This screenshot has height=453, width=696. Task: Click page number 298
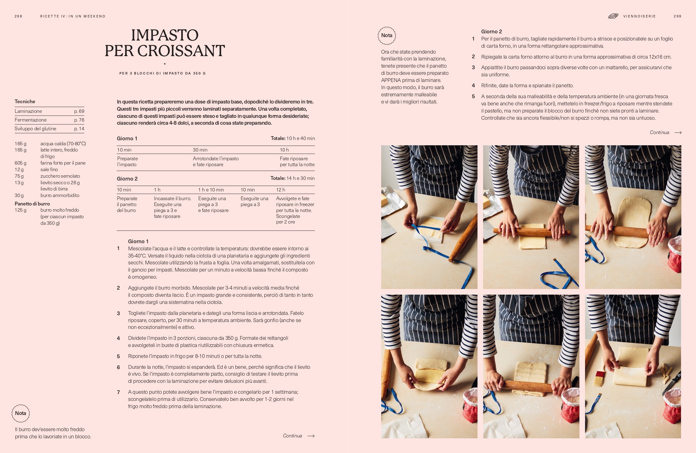pyautogui.click(x=18, y=16)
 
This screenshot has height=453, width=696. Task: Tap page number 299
pyautogui.click(x=677, y=16)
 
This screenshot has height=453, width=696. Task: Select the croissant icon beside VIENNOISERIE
pyautogui.click(x=613, y=16)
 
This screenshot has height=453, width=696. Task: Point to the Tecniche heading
pyautogui.click(x=25, y=101)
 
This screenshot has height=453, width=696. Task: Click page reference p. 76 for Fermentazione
pyautogui.click(x=79, y=120)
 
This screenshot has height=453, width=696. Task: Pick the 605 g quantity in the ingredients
pyautogui.click(x=21, y=163)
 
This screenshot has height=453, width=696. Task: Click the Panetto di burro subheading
pyautogui.click(x=32, y=204)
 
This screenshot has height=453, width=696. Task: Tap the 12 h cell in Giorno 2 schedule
pyautogui.click(x=281, y=190)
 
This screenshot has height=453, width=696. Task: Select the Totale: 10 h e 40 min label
pyautogui.click(x=293, y=138)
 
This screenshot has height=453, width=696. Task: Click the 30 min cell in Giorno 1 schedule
pyautogui.click(x=200, y=150)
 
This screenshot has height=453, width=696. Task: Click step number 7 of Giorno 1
pyautogui.click(x=118, y=392)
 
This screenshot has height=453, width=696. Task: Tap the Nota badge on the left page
pyautogui.click(x=21, y=413)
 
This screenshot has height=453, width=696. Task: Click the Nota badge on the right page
pyautogui.click(x=387, y=36)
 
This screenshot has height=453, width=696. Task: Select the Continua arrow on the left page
pyautogui.click(x=311, y=436)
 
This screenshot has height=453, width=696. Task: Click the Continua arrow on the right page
pyautogui.click(x=678, y=133)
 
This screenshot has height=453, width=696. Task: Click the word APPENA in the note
pyautogui.click(x=391, y=80)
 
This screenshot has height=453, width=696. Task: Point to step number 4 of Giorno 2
pyautogui.click(x=473, y=85)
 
